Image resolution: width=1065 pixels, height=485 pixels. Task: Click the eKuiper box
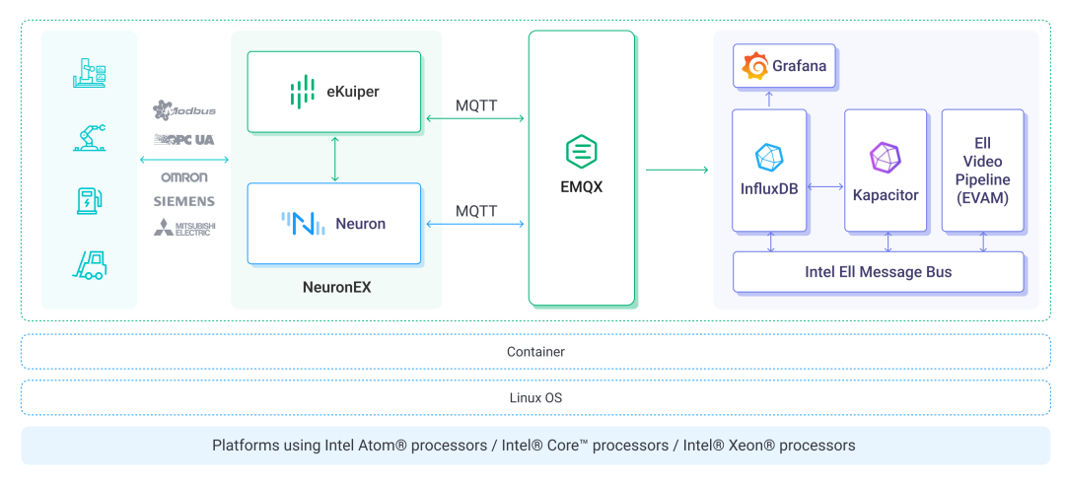pyautogui.click(x=334, y=92)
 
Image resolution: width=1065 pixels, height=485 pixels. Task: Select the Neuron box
pyautogui.click(x=334, y=224)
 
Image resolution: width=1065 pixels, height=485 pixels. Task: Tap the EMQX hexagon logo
pyautogui.click(x=582, y=152)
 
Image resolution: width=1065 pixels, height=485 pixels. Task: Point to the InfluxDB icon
pyautogui.click(x=768, y=158)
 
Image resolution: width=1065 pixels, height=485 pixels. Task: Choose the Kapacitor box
pyautogui.click(x=886, y=171)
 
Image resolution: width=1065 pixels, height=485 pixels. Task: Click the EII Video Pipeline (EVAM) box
pyautogui.click(x=982, y=171)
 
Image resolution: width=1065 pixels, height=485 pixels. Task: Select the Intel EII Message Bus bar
pyautogui.click(x=878, y=272)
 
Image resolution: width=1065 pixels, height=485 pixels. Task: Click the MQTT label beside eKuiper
pyautogui.click(x=476, y=105)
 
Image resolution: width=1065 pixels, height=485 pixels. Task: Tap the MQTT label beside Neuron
pyautogui.click(x=476, y=211)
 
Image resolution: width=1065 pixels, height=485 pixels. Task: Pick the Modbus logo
pyautogui.click(x=184, y=110)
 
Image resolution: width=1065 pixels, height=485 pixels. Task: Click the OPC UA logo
pyautogui.click(x=184, y=140)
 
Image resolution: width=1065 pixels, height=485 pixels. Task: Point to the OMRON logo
pyautogui.click(x=184, y=177)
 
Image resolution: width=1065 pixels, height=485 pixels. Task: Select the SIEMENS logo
pyautogui.click(x=184, y=201)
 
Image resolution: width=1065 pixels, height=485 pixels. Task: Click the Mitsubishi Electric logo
pyautogui.click(x=184, y=228)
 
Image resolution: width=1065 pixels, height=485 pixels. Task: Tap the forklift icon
pyautogui.click(x=90, y=264)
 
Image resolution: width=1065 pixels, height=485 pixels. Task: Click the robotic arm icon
pyautogui.click(x=90, y=137)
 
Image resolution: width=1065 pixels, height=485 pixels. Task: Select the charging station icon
pyautogui.click(x=90, y=200)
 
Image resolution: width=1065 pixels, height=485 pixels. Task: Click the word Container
pyautogui.click(x=535, y=352)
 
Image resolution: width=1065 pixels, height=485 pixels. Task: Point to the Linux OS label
pyautogui.click(x=535, y=398)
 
